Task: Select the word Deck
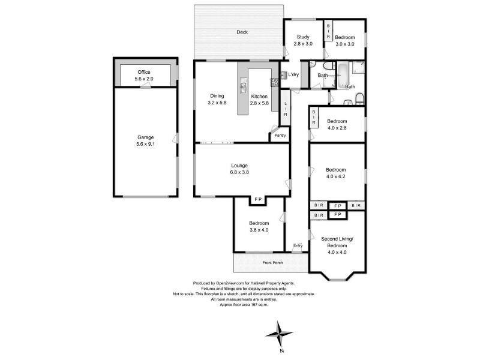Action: (x=242, y=32)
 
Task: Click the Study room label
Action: (x=303, y=40)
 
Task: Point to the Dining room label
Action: (x=217, y=100)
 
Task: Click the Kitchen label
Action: (x=259, y=100)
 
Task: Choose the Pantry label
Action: (x=280, y=135)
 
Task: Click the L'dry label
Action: (x=293, y=74)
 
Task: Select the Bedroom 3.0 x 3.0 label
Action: (x=345, y=40)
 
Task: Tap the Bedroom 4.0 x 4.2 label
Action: (x=336, y=173)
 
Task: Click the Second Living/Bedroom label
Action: (x=337, y=245)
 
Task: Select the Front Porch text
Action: (x=272, y=263)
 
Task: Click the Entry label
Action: (x=298, y=245)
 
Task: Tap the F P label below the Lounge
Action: (x=259, y=199)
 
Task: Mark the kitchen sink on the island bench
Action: (x=244, y=88)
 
